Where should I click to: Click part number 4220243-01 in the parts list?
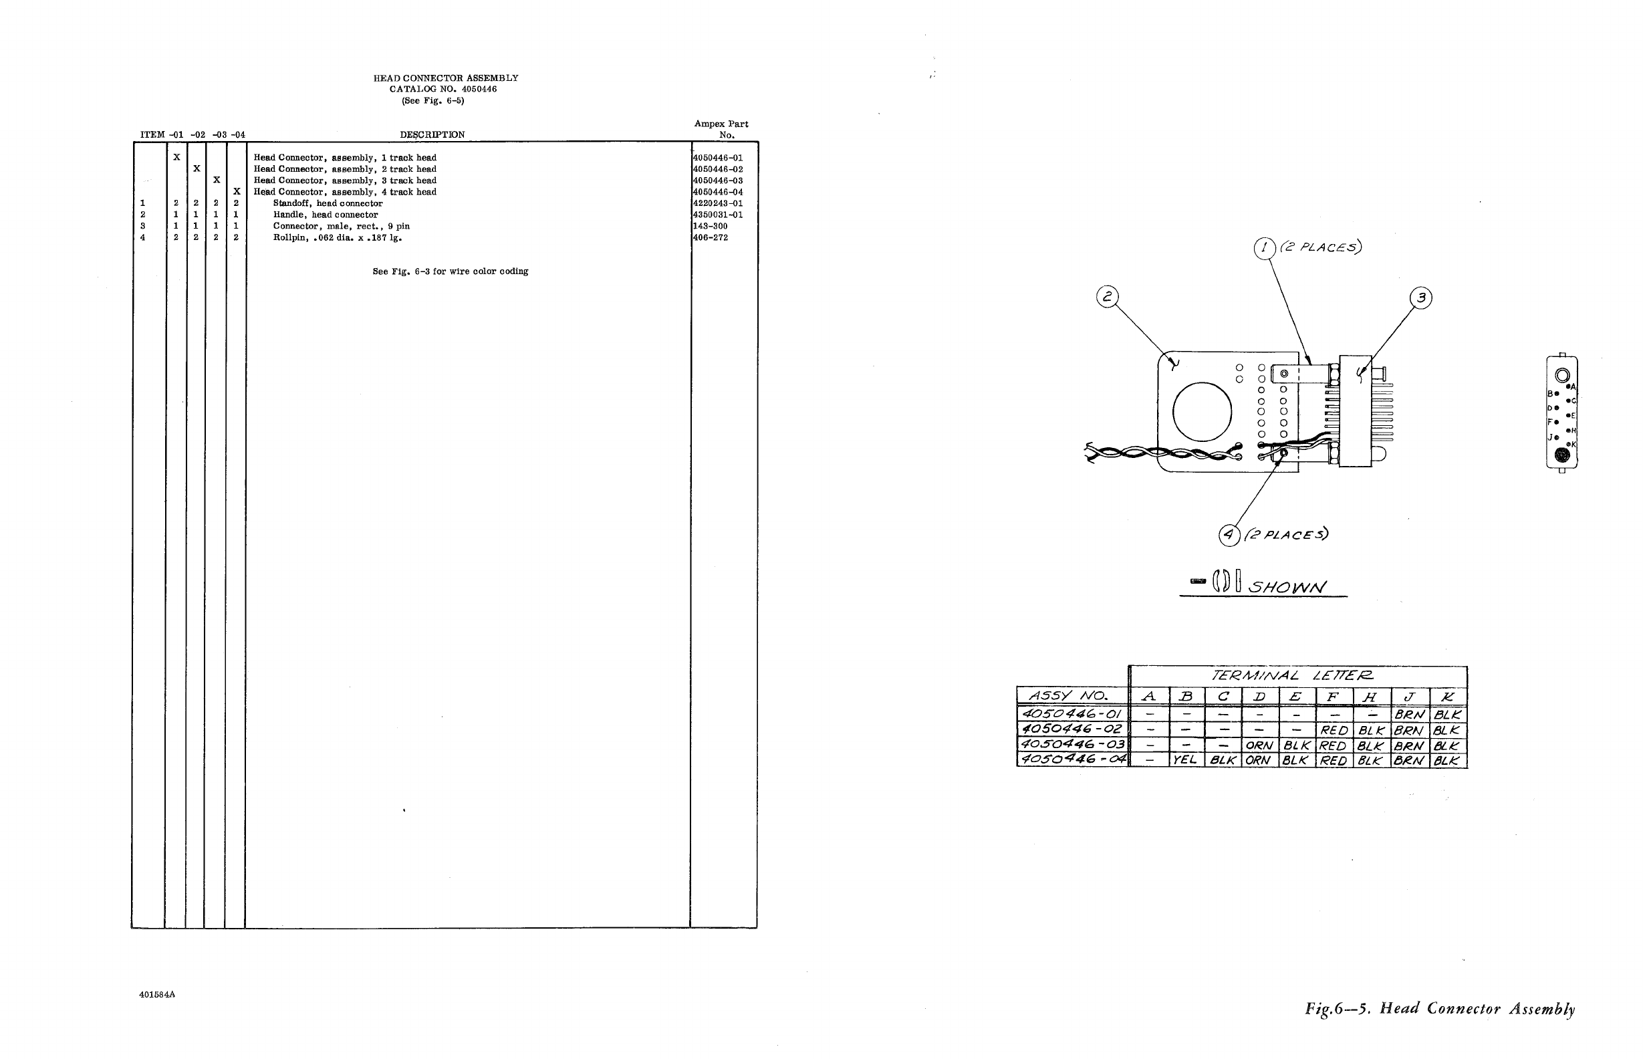pos(718,203)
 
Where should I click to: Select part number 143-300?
pos(710,226)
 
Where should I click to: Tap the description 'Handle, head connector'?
pos(325,215)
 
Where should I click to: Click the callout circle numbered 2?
pos(1107,297)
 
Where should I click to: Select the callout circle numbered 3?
pos(1421,298)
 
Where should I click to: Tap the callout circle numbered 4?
pos(1229,535)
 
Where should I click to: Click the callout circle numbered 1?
pos(1264,247)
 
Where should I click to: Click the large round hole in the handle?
pos(1202,413)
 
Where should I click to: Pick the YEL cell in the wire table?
pos(1185,761)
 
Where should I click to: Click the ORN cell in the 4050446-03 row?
pos(1259,745)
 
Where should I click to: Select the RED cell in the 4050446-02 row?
pos(1333,730)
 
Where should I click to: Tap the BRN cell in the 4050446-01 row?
pos(1409,715)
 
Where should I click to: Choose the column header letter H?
pos(1370,697)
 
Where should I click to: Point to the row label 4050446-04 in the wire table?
pos(1071,760)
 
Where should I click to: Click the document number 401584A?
pos(156,994)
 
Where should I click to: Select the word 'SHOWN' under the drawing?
pos(1287,587)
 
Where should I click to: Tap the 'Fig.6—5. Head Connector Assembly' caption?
pos(1440,1010)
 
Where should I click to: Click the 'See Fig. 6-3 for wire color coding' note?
pos(451,271)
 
